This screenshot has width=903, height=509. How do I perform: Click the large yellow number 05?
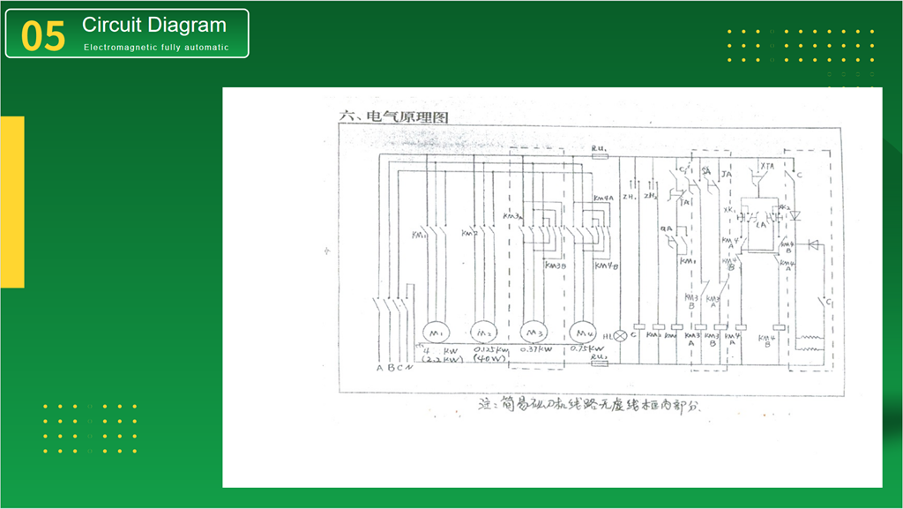click(x=43, y=36)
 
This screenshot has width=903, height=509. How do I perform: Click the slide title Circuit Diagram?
click(x=154, y=26)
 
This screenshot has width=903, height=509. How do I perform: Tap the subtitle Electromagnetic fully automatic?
click(x=156, y=48)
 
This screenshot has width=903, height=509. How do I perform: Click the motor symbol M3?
click(x=533, y=333)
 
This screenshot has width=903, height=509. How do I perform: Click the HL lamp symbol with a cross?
click(x=620, y=336)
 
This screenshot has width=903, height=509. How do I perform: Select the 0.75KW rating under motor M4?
click(x=586, y=350)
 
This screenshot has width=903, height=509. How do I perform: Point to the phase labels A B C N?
click(x=394, y=368)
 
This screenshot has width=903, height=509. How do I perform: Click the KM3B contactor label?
click(x=556, y=265)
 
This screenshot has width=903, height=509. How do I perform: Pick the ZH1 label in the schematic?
click(x=630, y=196)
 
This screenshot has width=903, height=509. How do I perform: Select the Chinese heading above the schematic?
click(x=383, y=116)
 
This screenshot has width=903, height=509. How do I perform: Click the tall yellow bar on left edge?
click(x=11, y=201)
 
